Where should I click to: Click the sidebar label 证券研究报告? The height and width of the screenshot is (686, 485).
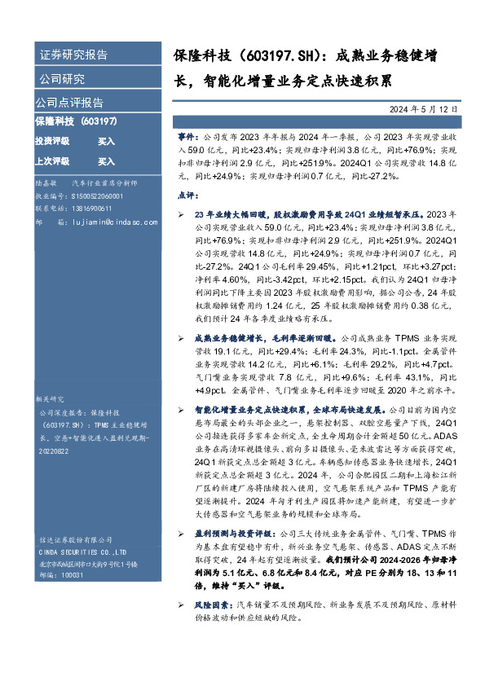(73, 55)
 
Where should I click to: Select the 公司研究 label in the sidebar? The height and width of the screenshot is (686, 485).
(62, 80)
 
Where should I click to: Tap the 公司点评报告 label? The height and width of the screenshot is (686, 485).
(68, 103)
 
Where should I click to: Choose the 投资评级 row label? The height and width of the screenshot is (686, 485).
(51, 141)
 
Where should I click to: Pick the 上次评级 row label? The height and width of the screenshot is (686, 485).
(51, 161)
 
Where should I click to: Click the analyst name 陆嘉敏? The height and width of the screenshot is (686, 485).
(46, 184)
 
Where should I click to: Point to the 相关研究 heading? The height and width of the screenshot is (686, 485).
(49, 399)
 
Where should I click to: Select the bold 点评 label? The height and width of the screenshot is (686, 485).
(187, 196)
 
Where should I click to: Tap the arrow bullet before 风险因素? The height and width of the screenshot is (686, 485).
(181, 605)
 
